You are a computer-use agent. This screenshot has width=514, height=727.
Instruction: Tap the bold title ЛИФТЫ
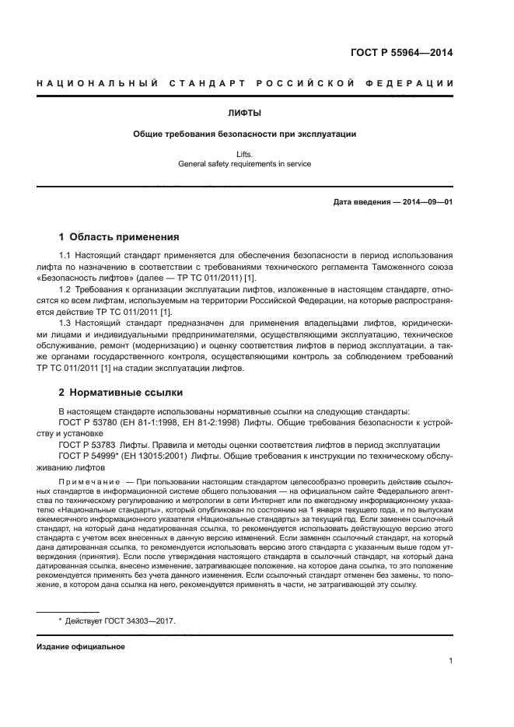[x=245, y=113]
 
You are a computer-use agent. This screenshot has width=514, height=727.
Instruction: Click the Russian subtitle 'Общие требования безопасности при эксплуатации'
[x=245, y=134]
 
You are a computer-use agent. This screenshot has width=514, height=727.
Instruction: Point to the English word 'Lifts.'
[x=245, y=155]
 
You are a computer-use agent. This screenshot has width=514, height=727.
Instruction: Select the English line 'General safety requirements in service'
[x=245, y=164]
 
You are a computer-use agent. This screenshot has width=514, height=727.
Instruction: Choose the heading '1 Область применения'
[x=120, y=236]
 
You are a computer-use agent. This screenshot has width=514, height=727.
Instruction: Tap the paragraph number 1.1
[x=65, y=256]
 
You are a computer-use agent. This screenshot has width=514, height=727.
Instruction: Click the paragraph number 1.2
[x=65, y=290]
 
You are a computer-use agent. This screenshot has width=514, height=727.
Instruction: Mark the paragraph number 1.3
[x=65, y=323]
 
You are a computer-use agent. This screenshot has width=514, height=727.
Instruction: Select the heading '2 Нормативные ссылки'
[x=121, y=392]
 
